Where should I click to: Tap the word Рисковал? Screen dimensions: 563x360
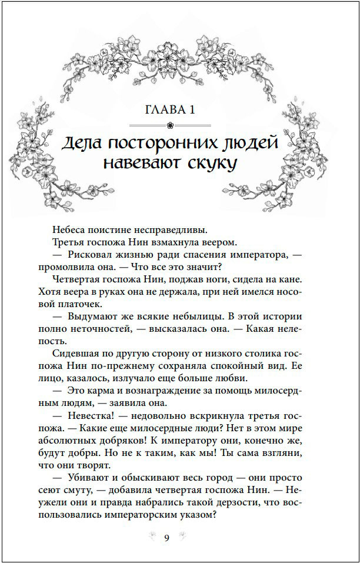pyautogui.click(x=90, y=254)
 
